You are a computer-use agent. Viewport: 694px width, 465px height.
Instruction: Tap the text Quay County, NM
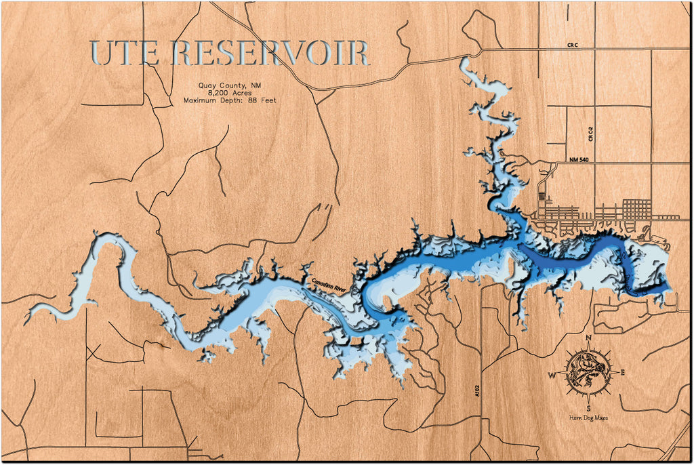click(x=230, y=85)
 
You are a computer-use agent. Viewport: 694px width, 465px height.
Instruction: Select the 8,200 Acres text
click(x=230, y=92)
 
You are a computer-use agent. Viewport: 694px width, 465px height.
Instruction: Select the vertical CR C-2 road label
click(x=591, y=134)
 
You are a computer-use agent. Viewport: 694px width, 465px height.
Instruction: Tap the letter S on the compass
click(x=588, y=408)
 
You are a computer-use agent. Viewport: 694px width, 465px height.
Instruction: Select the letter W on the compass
click(x=552, y=375)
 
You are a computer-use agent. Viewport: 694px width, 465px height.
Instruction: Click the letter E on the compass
click(x=623, y=372)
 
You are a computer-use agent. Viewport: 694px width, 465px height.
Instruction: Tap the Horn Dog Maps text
click(x=588, y=418)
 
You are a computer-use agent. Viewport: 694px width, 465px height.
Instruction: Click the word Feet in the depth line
click(x=270, y=100)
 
